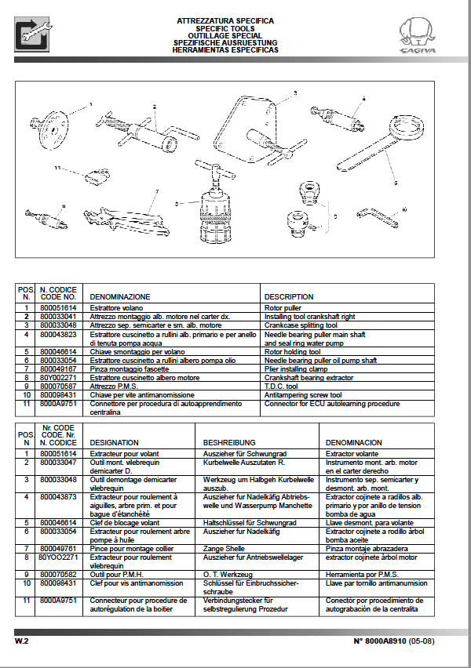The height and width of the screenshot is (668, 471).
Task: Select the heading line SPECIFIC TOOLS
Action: click(x=225, y=27)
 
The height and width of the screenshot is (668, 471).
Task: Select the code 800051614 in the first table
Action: click(x=58, y=308)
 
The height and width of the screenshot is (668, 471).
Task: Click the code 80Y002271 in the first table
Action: click(x=58, y=377)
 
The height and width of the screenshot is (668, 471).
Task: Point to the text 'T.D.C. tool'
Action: click(x=282, y=386)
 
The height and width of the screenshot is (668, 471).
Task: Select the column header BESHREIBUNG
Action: click(x=229, y=442)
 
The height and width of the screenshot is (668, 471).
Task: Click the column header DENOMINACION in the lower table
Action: click(x=355, y=442)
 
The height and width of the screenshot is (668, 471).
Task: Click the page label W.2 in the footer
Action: click(x=21, y=641)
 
